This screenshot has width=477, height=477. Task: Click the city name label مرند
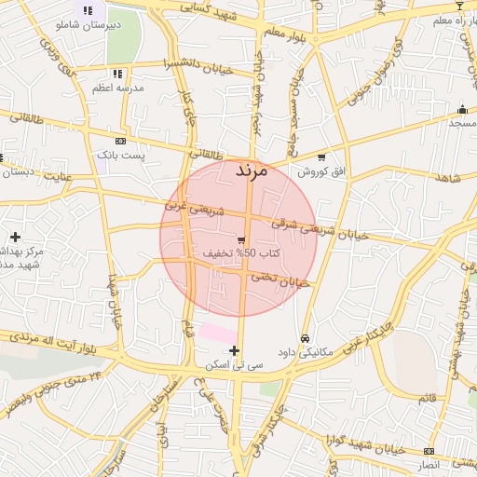coord(251,171)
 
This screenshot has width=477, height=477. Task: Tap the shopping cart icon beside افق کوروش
coord(321,157)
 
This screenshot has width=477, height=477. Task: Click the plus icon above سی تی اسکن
coord(234,351)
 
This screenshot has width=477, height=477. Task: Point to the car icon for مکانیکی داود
coord(306,337)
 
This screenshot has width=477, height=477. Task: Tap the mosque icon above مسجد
coord(462,109)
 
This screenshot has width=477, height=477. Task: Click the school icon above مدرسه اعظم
coord(116,73)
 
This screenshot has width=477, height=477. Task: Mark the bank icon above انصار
coord(429,449)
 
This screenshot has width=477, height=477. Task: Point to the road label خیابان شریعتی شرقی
coord(320,229)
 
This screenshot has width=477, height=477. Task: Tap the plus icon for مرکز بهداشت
coord(15,237)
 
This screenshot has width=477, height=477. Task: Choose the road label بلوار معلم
coord(283,34)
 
